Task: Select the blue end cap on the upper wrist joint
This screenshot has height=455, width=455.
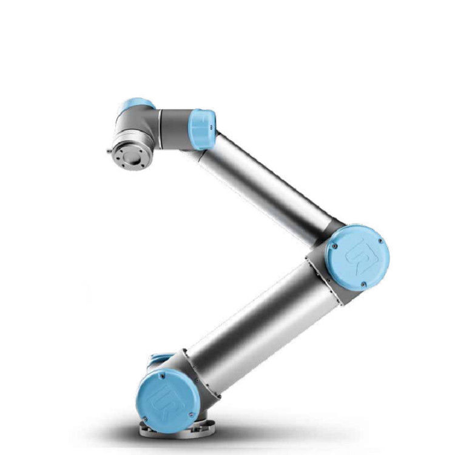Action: pyautogui.click(x=202, y=129)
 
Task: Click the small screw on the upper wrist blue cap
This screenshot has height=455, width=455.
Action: pyautogui.click(x=211, y=127)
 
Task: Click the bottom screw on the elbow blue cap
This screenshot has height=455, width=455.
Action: pyautogui.click(x=362, y=283)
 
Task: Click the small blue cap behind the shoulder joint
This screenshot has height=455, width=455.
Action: pyautogui.click(x=159, y=362)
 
